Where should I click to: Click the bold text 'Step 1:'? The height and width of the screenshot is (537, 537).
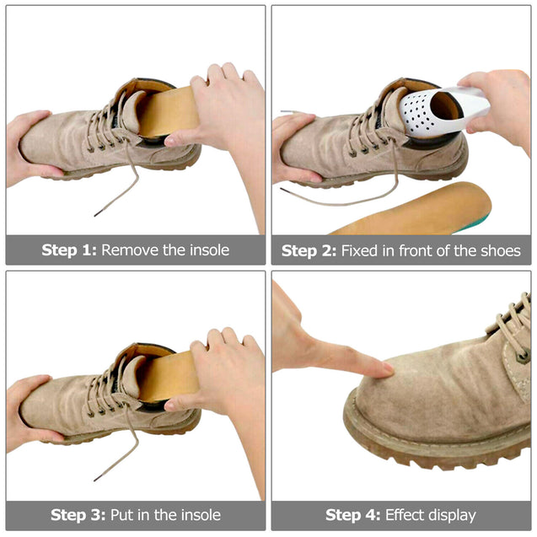click(69, 250)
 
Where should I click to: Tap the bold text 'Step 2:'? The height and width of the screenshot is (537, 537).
click(309, 250)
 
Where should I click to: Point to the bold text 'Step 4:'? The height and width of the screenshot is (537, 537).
click(352, 515)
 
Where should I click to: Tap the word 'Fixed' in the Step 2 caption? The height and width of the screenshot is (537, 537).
click(362, 250)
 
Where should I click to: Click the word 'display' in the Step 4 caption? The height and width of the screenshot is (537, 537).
click(454, 515)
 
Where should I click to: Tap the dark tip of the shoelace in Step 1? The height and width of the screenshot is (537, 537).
click(98, 212)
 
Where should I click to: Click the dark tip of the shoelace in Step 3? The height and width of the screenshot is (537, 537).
click(98, 478)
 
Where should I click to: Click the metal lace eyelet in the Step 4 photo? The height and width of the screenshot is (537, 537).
click(523, 355)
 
